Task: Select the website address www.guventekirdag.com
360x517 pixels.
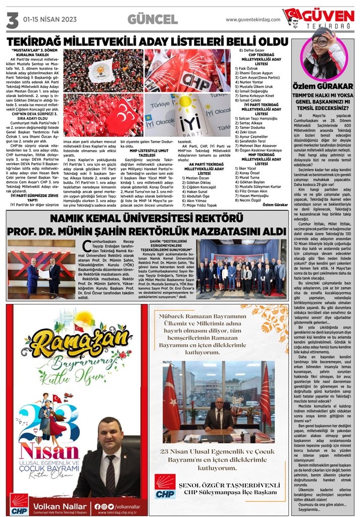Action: [252, 20]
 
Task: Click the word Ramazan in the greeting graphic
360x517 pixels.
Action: [76, 343]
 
